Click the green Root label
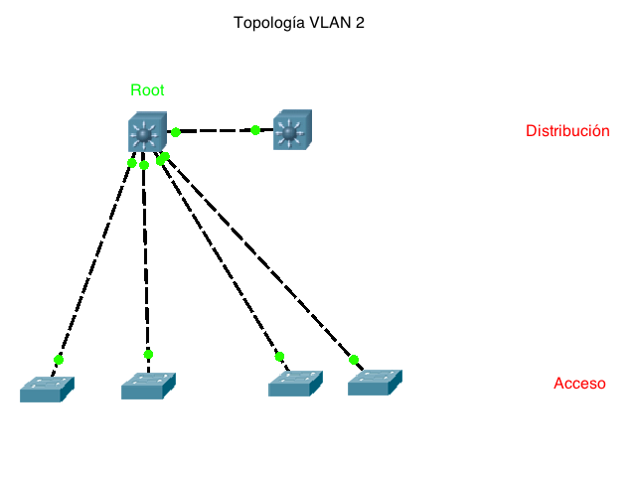point(147,89)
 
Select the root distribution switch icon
point(147,132)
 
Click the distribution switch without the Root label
point(291,130)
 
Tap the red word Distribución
point(566,130)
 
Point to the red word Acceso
point(579,384)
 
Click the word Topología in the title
point(267,22)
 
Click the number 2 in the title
point(360,22)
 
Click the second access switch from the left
point(148,386)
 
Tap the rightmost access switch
point(376,382)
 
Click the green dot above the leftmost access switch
point(59,360)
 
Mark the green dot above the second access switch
point(148,354)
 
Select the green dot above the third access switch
point(279,356)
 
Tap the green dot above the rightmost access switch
point(354,360)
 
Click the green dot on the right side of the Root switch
point(176,131)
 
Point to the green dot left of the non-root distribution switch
point(255,129)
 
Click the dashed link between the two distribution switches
point(216,130)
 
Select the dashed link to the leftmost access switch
point(94,261)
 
